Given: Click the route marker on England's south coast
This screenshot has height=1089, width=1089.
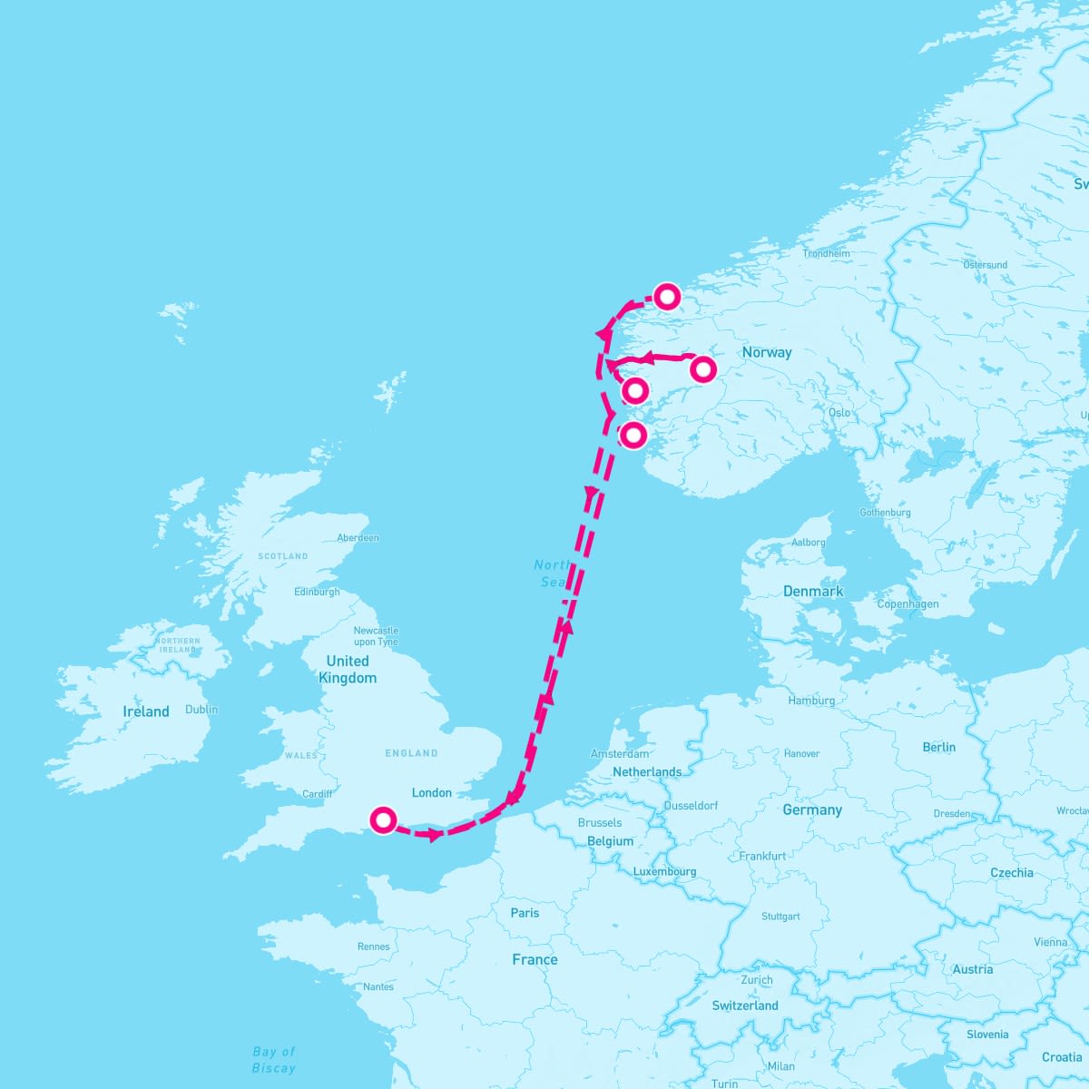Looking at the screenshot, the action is point(384,820).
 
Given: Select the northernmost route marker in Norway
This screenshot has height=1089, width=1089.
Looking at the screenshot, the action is point(668,297).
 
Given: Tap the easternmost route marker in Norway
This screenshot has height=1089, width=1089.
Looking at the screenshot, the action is point(703,369).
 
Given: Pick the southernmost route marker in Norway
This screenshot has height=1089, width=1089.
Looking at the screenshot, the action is point(633,435).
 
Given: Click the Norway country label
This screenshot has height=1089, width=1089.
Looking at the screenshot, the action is point(767,352).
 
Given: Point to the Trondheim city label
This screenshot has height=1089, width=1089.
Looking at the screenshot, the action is point(826,253).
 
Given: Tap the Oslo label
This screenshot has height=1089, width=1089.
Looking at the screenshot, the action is point(839,412).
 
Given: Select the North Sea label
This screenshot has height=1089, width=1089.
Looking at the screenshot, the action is point(552,574).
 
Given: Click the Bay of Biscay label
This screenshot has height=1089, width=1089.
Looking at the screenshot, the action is point(274,1060).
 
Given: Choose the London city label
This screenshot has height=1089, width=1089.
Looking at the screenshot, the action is point(432,792).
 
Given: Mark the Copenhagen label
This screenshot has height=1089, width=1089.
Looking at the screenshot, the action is point(907,603).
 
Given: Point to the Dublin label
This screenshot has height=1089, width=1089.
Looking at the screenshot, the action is point(201,710).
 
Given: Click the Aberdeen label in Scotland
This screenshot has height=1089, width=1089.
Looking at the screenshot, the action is point(358,537).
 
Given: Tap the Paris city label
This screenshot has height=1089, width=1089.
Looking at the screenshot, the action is point(525,913).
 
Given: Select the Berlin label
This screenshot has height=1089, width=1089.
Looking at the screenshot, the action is point(939,747).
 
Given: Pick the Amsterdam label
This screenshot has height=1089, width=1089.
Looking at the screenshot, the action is point(620,753).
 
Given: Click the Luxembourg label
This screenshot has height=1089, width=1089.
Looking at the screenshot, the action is point(665,871).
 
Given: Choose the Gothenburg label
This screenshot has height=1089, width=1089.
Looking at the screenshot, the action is point(885,513).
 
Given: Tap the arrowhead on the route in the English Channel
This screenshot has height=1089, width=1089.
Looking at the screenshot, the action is point(435,834).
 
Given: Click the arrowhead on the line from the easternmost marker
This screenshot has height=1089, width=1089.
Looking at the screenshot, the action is point(649,360).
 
